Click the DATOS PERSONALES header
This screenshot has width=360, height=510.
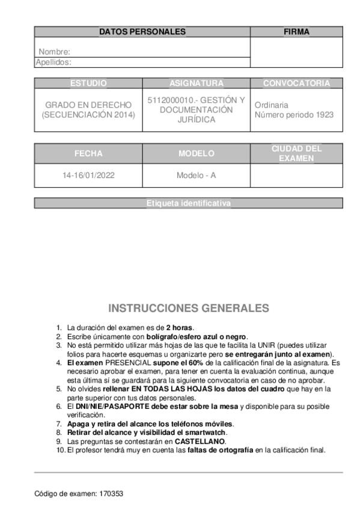coord(142,32)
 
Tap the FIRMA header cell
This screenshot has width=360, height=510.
coord(296,32)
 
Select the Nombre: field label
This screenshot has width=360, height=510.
coord(55,52)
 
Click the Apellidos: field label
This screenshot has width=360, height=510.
coord(53,61)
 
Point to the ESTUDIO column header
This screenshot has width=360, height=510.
coord(88,83)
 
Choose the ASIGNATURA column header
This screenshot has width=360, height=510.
coord(197,83)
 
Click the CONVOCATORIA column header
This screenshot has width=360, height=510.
coord(296,83)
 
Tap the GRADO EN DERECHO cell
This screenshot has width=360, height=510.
coord(88,109)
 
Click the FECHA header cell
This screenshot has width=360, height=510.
coord(88,153)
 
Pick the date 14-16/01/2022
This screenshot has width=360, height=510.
coord(88,177)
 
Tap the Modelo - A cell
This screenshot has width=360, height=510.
coord(197,177)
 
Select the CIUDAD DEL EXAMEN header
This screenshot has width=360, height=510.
coord(296,153)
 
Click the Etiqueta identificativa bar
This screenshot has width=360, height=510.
coord(188,204)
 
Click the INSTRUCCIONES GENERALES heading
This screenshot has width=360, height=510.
coord(188,309)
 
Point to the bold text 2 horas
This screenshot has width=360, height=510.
coord(180,327)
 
